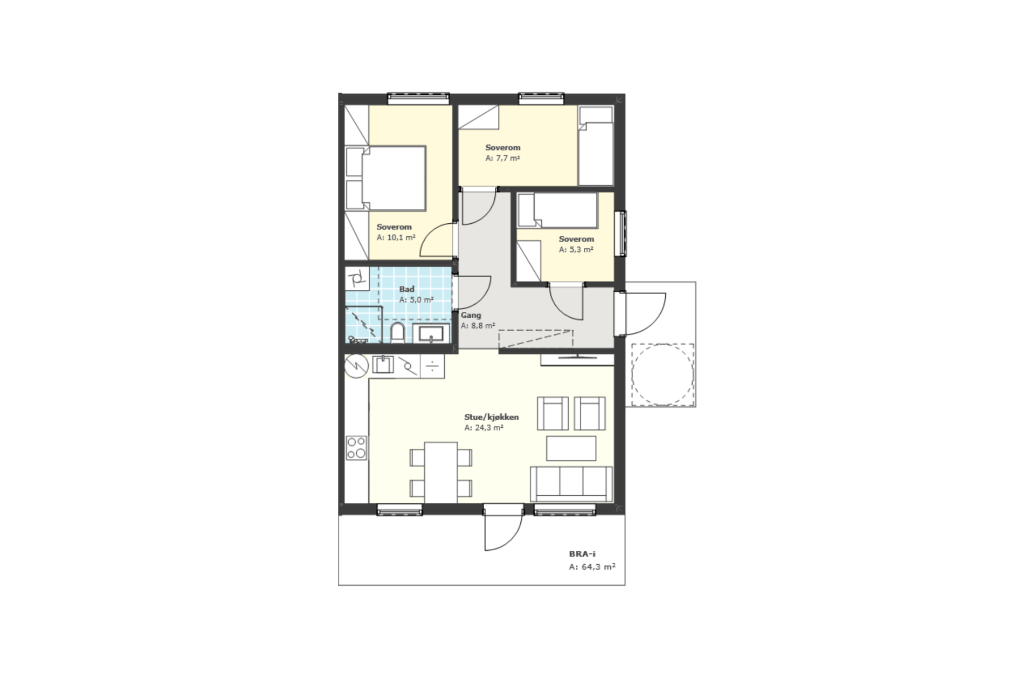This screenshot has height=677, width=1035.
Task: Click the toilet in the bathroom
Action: coord(398,333)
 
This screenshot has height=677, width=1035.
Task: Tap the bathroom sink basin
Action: coord(431,333)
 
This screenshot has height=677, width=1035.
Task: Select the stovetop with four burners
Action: coord(356,448)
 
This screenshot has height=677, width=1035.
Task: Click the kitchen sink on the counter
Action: coord(383,365)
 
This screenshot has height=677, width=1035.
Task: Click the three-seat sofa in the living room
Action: coord(571,484)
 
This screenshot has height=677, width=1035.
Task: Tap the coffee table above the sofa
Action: coord(571,448)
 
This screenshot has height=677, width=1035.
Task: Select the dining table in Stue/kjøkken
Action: coord(441,473)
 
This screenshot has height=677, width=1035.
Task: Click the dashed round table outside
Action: coord(663,374)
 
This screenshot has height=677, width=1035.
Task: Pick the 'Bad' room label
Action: coord(406,289)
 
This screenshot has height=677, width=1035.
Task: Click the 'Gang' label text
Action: coord(471,315)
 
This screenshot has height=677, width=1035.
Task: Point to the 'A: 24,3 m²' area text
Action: coord(484,428)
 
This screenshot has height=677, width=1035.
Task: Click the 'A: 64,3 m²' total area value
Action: coord(592,567)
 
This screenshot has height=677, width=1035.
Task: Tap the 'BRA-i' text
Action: coord(582,554)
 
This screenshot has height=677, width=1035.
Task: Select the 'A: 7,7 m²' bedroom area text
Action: coord(502,158)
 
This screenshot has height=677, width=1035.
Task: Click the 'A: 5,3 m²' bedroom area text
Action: coord(576,250)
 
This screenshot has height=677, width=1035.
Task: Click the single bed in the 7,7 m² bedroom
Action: coord(596,146)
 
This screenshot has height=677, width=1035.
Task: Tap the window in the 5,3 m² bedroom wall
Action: coord(623,233)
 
